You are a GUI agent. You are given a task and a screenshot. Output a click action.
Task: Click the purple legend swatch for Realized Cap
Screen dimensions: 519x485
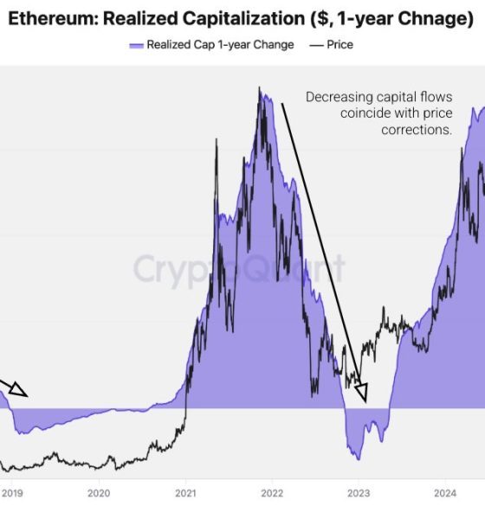pos(135,45)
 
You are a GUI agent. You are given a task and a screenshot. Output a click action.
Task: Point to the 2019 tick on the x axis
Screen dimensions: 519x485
pos(12,493)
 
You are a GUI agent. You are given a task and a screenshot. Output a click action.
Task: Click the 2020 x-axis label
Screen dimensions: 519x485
pos(99,493)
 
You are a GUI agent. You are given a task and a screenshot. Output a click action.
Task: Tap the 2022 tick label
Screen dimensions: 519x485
pos(272,493)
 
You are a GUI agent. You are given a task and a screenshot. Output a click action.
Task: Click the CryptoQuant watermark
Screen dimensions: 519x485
pos(238,269)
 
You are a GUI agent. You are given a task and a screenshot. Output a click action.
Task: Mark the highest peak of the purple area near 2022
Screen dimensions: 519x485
pos(259,88)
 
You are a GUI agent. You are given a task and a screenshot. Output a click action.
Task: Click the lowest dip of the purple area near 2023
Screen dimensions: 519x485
pos(358,459)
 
